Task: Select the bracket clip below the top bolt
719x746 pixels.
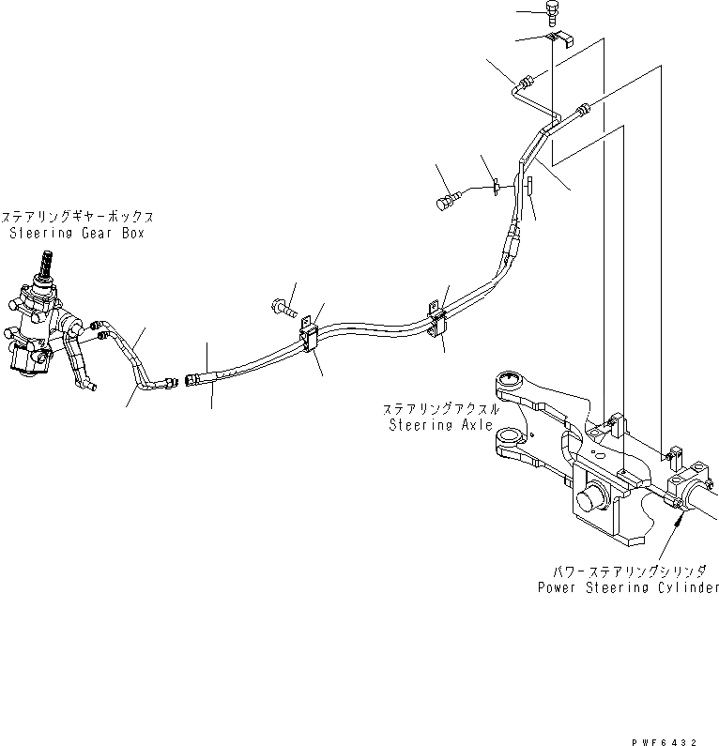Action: [560, 39]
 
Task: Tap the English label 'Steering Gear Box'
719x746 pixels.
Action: [77, 233]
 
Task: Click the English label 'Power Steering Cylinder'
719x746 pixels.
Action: [628, 587]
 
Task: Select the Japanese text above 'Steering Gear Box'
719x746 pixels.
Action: [77, 215]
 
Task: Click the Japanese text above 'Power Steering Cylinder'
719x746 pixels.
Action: [635, 570]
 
